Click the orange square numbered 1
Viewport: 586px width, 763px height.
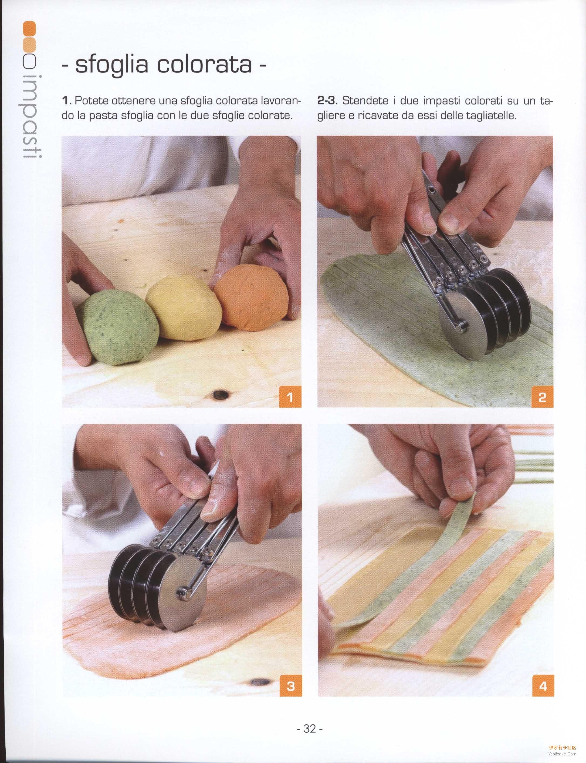[x=290, y=397]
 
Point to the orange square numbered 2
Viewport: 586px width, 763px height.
[x=542, y=397]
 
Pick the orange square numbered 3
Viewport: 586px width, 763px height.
[x=291, y=686]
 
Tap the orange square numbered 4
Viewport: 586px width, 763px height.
[x=543, y=686]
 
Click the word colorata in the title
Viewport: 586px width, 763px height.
[x=204, y=64]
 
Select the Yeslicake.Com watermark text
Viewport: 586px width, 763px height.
[x=562, y=754]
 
